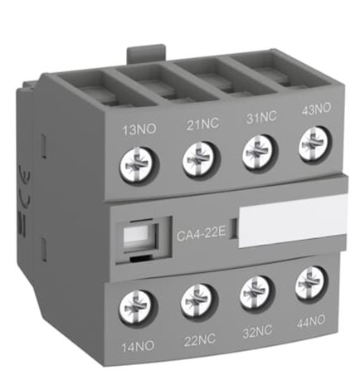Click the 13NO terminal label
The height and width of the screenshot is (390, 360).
(x=139, y=129)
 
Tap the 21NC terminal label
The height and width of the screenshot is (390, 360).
(x=202, y=124)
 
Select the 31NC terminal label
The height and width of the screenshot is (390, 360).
(x=261, y=116)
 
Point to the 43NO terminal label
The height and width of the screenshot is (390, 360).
(x=316, y=109)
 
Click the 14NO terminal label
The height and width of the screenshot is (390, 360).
(x=138, y=346)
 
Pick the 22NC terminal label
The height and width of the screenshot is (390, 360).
(x=200, y=339)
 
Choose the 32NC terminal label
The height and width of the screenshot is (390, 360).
(x=257, y=331)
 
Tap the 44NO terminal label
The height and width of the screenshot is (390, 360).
(x=310, y=322)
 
